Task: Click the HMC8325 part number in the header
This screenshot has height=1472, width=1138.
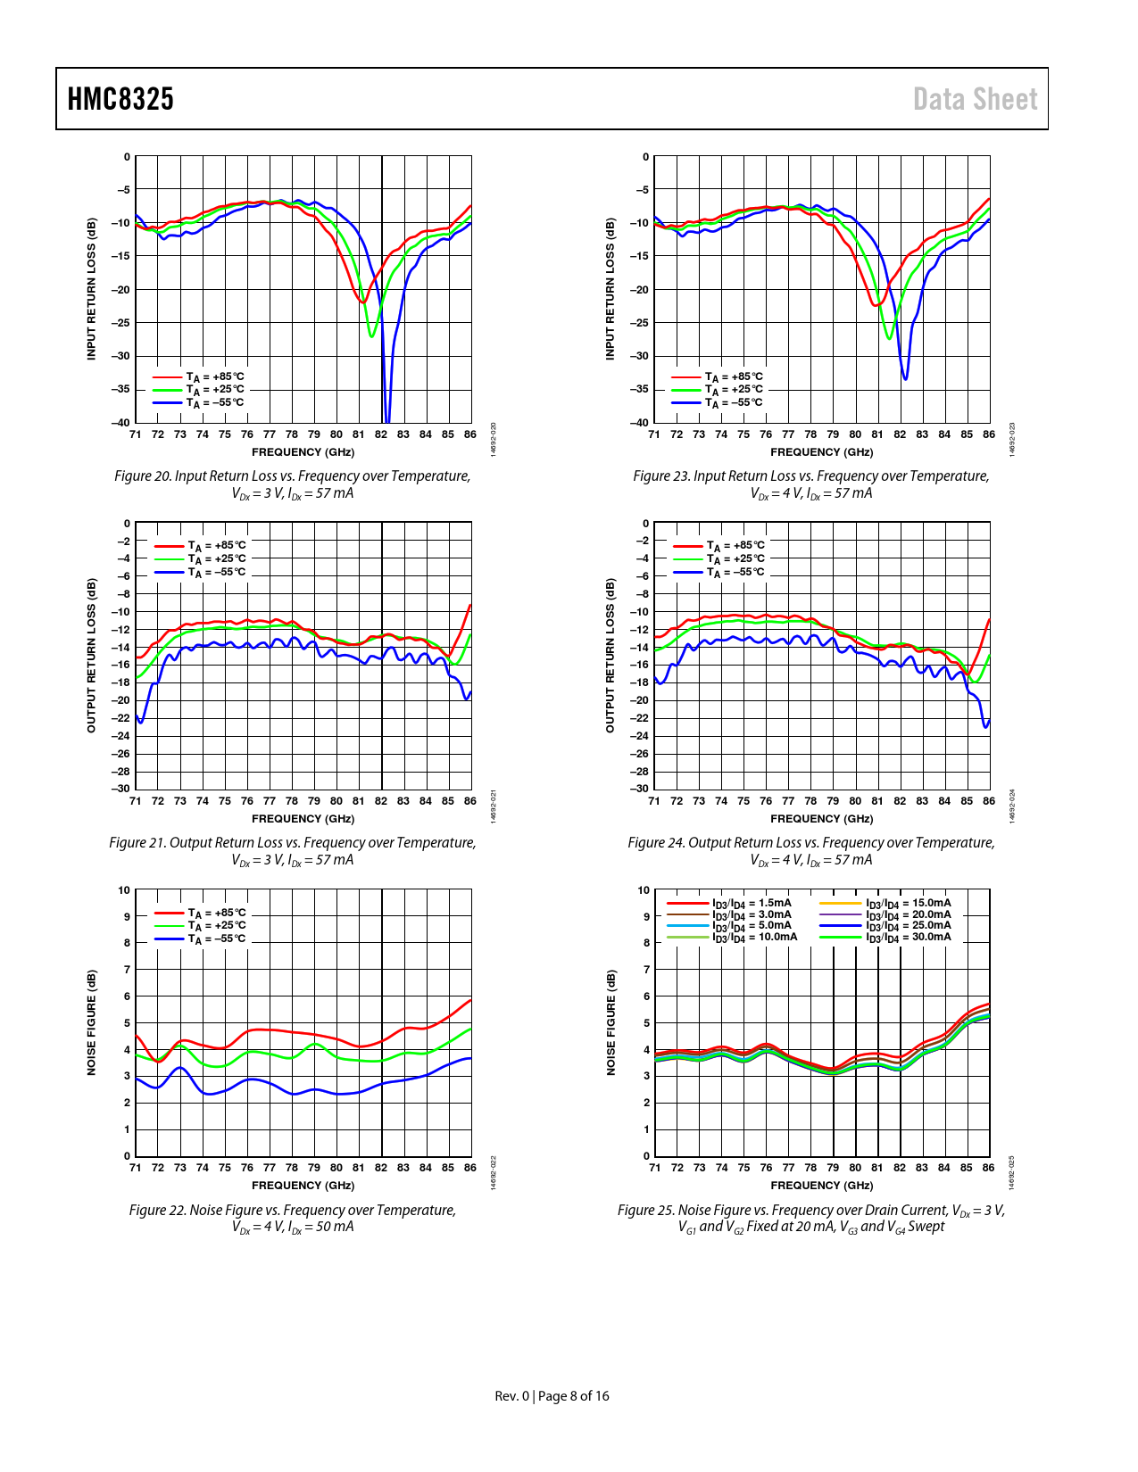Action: click(x=120, y=99)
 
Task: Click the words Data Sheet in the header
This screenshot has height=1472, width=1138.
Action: click(x=975, y=99)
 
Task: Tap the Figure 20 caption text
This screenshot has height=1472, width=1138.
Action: click(x=292, y=484)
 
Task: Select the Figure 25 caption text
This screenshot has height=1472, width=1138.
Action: click(x=810, y=1218)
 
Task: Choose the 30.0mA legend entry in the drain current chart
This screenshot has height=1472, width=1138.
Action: click(x=908, y=937)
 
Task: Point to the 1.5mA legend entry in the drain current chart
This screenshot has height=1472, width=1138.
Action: click(x=752, y=903)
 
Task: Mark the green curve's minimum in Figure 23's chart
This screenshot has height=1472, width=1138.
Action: click(x=889, y=338)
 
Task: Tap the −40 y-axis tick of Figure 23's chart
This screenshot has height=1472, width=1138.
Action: click(x=640, y=423)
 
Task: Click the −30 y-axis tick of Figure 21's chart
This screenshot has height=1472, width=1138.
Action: click(x=120, y=789)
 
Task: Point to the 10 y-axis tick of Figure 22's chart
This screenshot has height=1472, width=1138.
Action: click(x=124, y=890)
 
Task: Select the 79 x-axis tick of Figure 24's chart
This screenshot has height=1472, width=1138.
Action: click(x=833, y=801)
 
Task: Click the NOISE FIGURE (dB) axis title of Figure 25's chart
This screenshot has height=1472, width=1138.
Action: click(x=611, y=1022)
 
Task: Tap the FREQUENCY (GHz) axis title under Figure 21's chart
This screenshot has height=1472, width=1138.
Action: click(x=303, y=819)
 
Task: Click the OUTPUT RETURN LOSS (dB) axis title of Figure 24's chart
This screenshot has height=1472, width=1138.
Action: click(x=611, y=656)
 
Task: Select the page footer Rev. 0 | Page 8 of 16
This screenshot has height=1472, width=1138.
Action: click(x=552, y=1396)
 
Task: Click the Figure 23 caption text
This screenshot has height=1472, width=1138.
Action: click(x=810, y=484)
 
